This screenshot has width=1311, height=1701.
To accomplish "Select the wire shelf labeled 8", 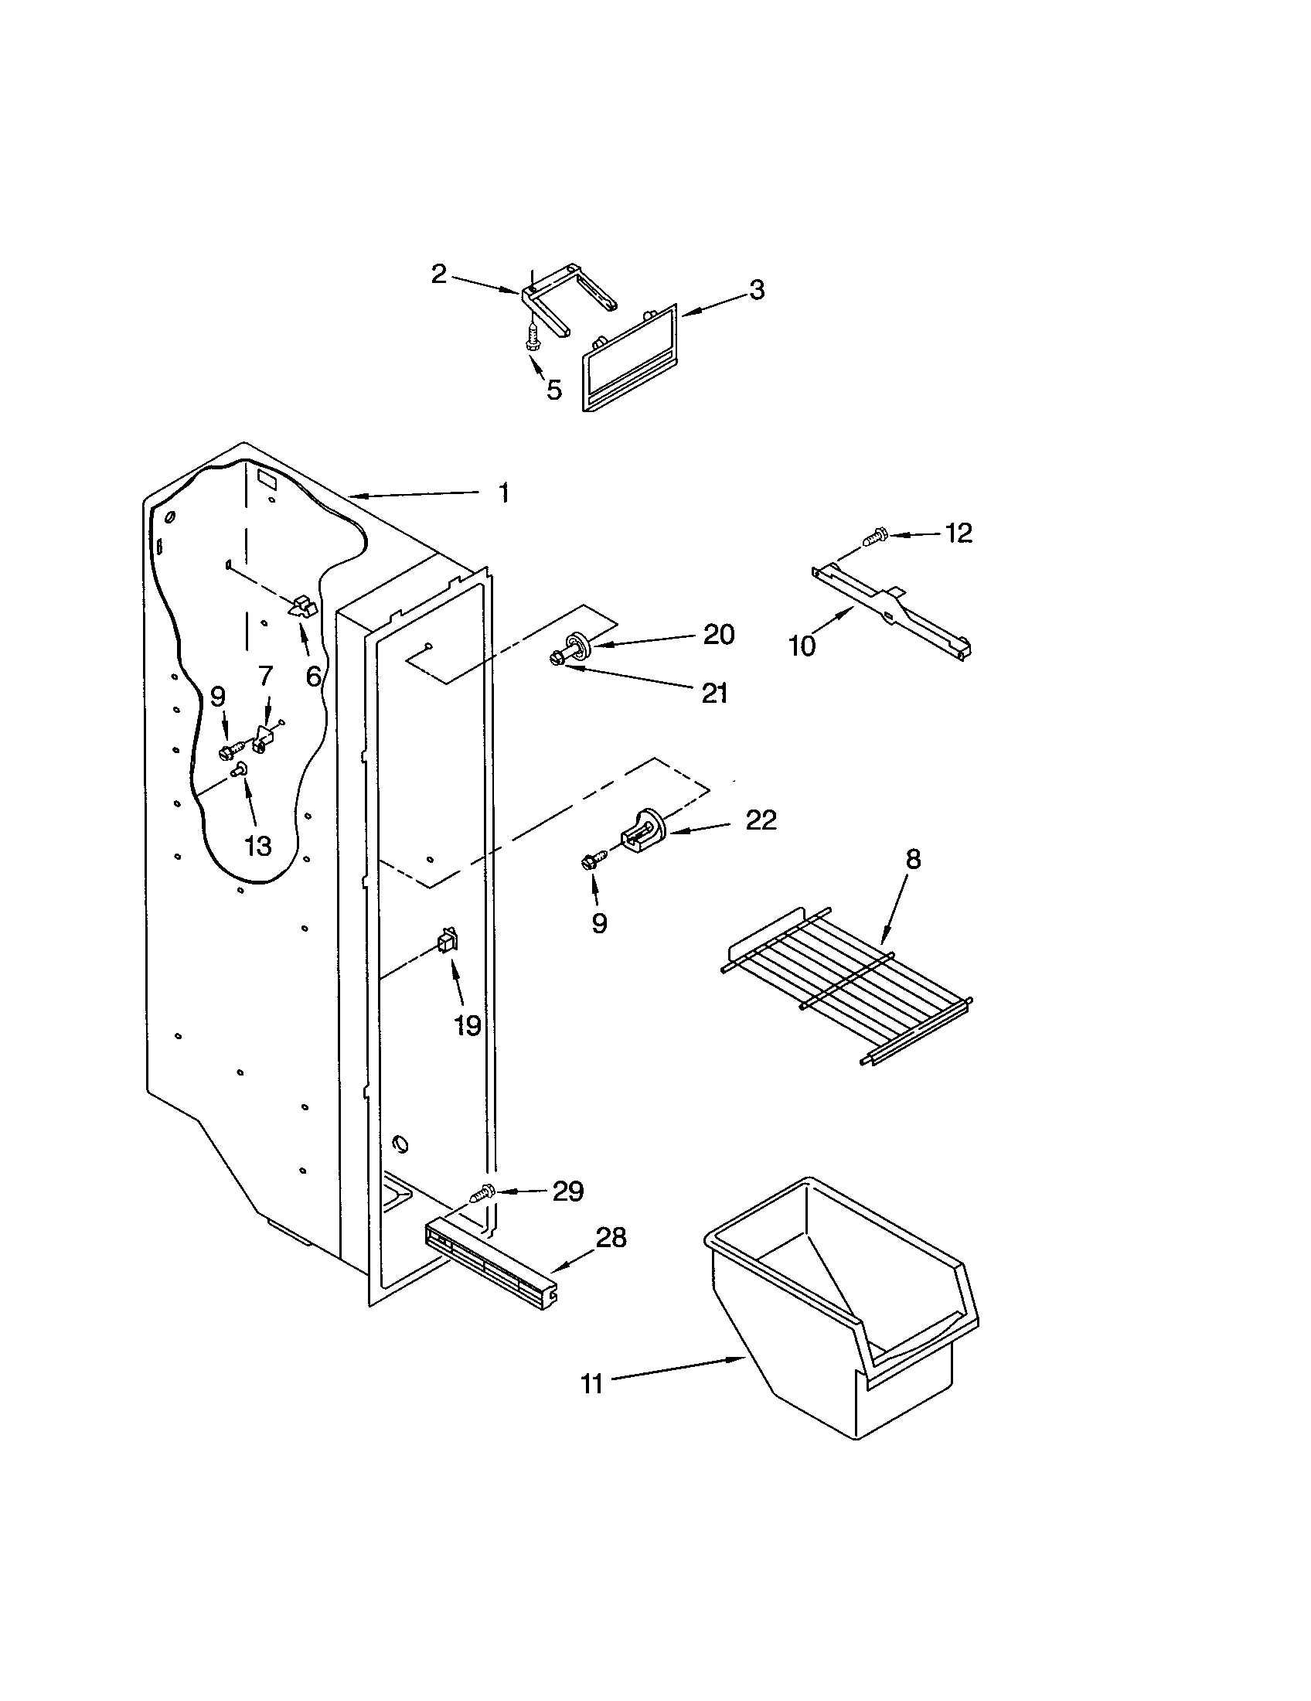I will pyautogui.click(x=845, y=985).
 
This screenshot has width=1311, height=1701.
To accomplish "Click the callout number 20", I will pyautogui.click(x=718, y=635).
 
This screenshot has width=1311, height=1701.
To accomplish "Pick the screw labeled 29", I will pyautogui.click(x=482, y=1213).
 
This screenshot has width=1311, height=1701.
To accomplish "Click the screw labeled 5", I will pyautogui.click(x=533, y=340).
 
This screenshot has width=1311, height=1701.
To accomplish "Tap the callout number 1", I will pyautogui.click(x=504, y=493).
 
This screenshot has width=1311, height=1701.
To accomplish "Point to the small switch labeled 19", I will pyautogui.click(x=448, y=943).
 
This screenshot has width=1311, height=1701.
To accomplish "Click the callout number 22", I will pyautogui.click(x=761, y=820).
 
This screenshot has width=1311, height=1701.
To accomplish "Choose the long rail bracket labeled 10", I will pyautogui.click(x=891, y=608).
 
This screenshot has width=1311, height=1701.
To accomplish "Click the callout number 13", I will pyautogui.click(x=257, y=846).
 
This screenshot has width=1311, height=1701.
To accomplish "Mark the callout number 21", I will pyautogui.click(x=714, y=693).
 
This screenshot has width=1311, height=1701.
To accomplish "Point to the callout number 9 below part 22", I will pyautogui.click(x=598, y=923).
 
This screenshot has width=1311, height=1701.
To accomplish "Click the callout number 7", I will pyautogui.click(x=265, y=675).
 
